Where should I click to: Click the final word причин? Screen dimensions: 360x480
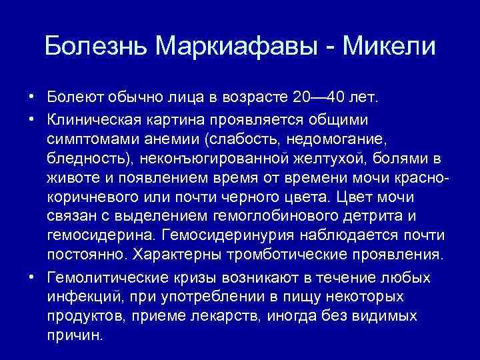[x=75, y=335]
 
